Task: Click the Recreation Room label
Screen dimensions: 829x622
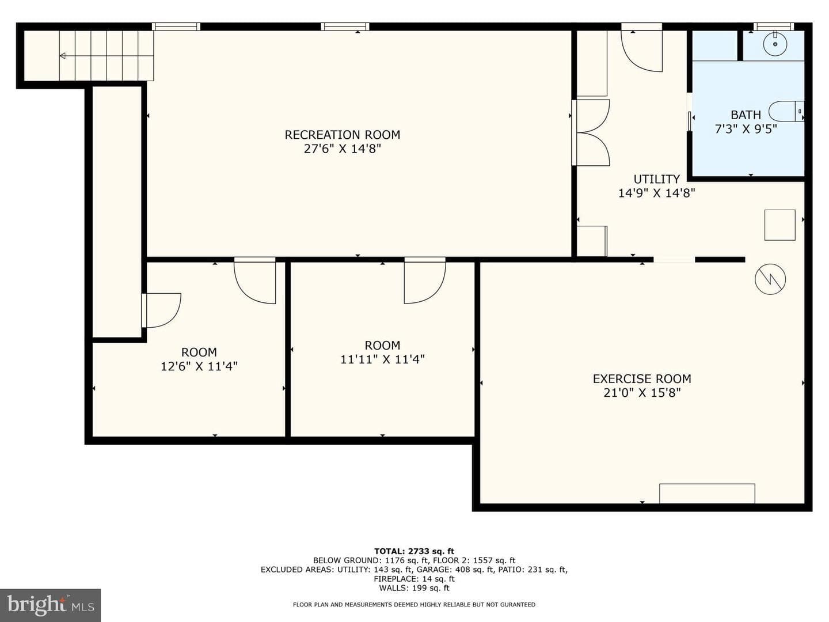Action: [x=342, y=135]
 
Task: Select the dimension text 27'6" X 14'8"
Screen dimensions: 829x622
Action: [x=342, y=149]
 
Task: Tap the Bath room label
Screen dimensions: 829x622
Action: [x=746, y=115]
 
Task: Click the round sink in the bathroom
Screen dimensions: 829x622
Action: [x=775, y=44]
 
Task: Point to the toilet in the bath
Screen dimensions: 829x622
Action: [x=786, y=111]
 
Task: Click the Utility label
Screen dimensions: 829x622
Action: [x=656, y=179]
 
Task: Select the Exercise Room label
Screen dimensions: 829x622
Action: [x=642, y=379]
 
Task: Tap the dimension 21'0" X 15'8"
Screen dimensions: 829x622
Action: [x=642, y=393]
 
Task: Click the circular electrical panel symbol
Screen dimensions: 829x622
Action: [x=770, y=279]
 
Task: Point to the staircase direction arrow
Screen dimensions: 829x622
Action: [x=107, y=56]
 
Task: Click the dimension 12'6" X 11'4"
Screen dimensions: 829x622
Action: [x=199, y=366]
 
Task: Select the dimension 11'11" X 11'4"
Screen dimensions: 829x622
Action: [x=382, y=359]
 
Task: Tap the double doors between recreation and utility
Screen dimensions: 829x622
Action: [x=591, y=132]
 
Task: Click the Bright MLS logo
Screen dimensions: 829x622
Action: [x=50, y=605]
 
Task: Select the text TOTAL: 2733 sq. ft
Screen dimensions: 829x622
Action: [x=414, y=551]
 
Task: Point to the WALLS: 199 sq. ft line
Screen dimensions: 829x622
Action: [x=414, y=588]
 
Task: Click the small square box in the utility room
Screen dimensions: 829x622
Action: [x=779, y=225]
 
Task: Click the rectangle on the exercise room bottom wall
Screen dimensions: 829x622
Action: [x=707, y=494]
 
